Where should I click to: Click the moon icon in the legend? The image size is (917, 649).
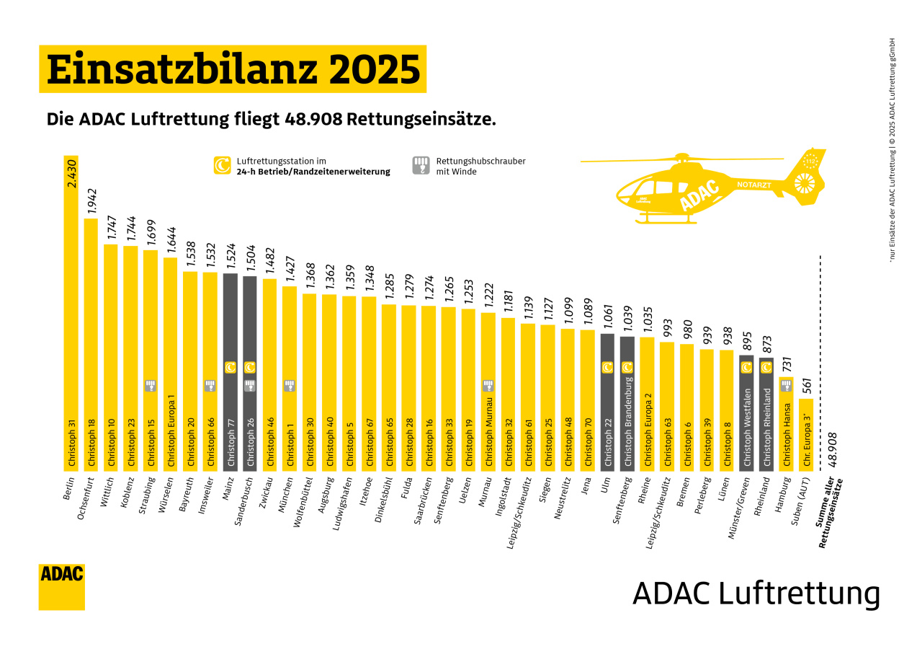[222, 166]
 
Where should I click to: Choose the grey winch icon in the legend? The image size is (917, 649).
[421, 166]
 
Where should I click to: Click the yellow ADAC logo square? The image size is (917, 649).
[62, 586]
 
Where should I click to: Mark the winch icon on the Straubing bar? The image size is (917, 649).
[151, 386]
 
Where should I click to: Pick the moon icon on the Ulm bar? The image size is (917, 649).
[607, 368]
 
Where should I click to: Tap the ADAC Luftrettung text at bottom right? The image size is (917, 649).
[756, 593]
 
